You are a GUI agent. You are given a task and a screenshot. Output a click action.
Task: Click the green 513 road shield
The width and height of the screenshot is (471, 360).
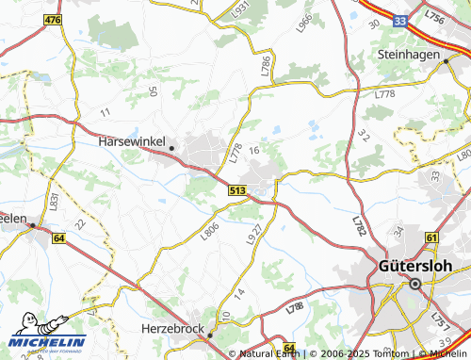(237, 190)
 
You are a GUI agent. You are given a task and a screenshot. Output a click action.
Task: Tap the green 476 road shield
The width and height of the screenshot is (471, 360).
(52, 19)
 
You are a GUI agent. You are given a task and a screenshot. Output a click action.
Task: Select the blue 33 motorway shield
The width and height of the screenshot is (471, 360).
(401, 18)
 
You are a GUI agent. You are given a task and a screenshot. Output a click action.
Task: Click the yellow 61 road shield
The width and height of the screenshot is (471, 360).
(431, 238)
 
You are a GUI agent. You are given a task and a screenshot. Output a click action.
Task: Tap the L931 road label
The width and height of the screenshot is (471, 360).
(242, 8)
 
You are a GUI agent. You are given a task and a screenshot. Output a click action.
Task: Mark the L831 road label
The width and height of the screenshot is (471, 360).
(55, 200)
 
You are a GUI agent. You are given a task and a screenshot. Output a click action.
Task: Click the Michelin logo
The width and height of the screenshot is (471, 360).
(43, 343)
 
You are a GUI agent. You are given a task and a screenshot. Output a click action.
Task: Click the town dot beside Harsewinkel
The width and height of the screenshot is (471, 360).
(172, 148)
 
